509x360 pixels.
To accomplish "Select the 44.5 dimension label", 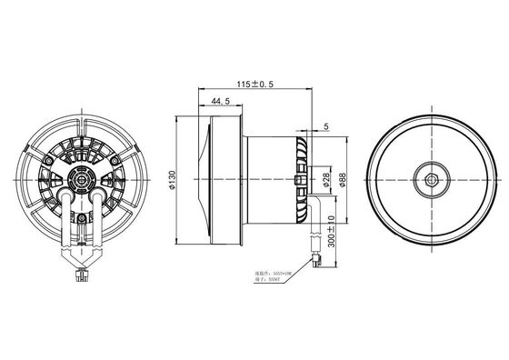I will tap(220, 101).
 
